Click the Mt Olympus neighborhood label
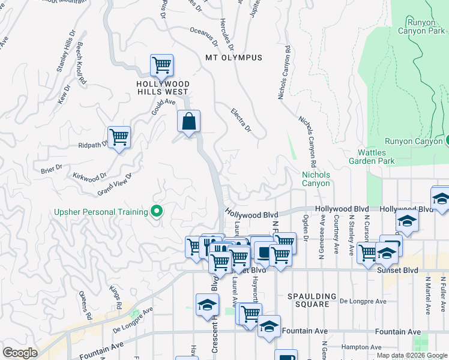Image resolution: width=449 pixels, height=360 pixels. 234,58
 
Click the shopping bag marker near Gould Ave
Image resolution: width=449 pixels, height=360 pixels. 189,122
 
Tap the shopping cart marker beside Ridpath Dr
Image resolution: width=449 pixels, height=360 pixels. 119,137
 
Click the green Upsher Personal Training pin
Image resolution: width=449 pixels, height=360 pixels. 157,211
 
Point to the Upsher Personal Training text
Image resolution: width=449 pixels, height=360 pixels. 101,212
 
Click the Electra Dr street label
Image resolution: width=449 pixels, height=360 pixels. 241,120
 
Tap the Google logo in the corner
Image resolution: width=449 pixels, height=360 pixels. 20,353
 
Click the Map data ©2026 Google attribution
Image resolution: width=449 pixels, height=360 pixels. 412,355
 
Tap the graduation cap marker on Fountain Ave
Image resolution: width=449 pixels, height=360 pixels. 270,326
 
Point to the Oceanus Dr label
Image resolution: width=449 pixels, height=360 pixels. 204,35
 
